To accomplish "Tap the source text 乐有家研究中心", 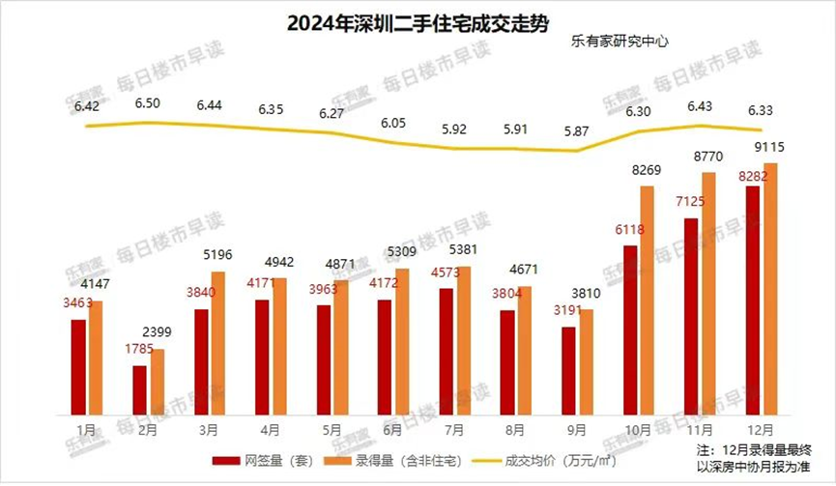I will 620,42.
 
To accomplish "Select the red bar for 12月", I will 753,300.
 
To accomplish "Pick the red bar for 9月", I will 569,369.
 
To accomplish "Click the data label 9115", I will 771,148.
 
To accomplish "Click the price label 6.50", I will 149,103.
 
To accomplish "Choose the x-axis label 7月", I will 454,428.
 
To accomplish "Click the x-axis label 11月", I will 700,428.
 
